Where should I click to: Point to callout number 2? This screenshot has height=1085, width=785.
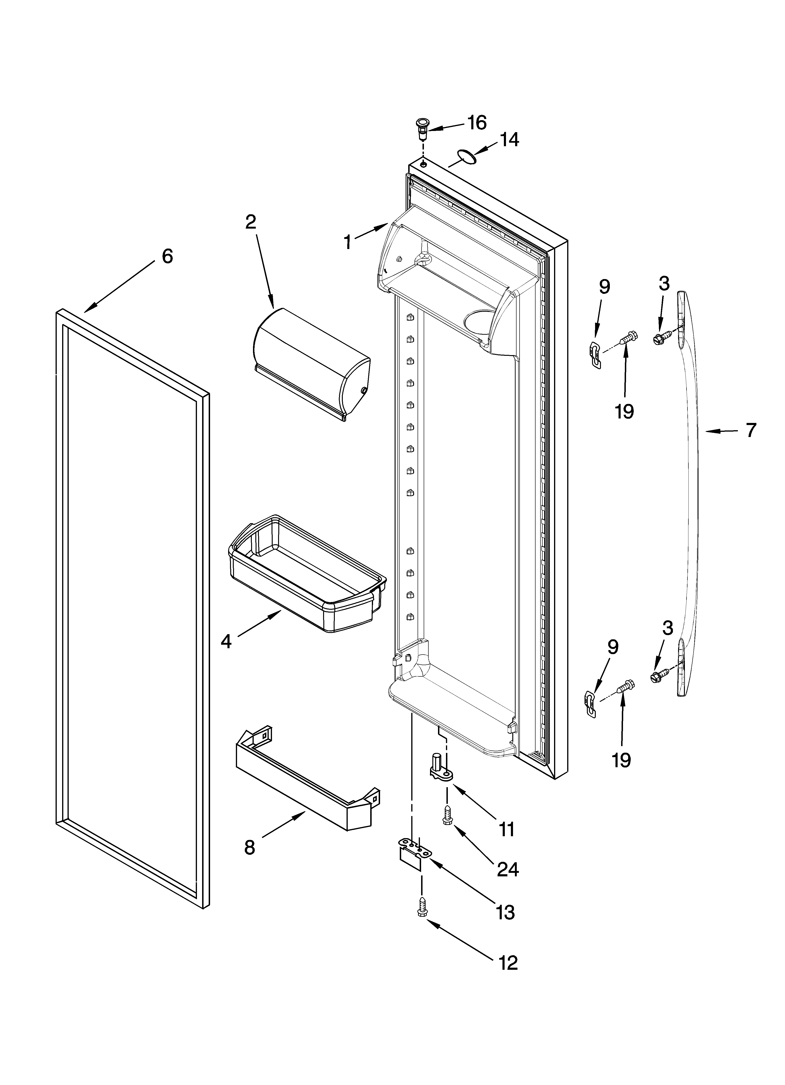tap(250, 222)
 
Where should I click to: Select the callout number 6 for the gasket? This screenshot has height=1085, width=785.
tap(167, 257)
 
